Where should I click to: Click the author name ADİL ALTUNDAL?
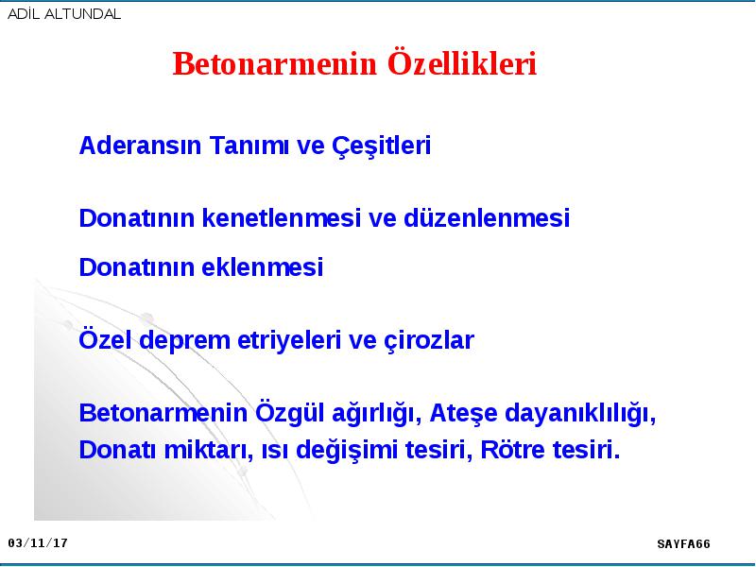pos(64,13)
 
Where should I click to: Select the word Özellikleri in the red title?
pos(462,63)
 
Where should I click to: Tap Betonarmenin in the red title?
pos(275,63)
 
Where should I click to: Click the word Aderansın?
pos(140,146)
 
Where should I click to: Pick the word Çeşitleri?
pos(382,146)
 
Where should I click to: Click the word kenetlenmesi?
pos(281,217)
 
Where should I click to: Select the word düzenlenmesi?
pos(487,217)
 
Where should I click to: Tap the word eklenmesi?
pos(263,267)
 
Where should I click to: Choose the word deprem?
pos(184,341)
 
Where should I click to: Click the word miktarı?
pos(209,451)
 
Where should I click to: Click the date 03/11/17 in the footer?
pos(38,543)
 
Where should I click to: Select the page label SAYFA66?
pos(683,544)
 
